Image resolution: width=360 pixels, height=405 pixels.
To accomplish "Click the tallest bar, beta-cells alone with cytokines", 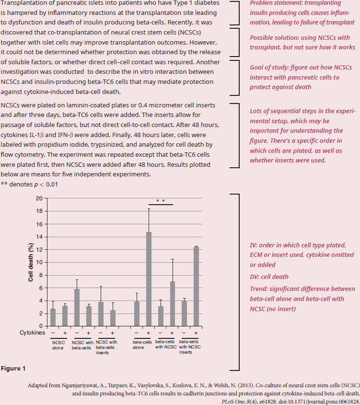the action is click(x=149, y=279).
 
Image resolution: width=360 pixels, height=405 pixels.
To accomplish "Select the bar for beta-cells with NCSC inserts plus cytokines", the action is click(x=196, y=287).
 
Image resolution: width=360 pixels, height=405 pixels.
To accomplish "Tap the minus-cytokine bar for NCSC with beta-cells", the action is click(x=77, y=308).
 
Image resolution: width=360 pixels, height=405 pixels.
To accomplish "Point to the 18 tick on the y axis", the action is click(x=39, y=211).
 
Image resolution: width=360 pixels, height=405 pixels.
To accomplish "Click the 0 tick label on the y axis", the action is click(x=41, y=326).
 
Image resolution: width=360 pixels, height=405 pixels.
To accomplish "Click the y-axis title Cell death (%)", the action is click(x=31, y=262).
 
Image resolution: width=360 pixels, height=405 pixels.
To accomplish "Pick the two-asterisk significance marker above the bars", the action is click(x=161, y=201).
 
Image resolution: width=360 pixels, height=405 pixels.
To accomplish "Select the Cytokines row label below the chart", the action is click(x=32, y=333).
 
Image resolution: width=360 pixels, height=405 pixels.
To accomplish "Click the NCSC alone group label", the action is click(x=58, y=346).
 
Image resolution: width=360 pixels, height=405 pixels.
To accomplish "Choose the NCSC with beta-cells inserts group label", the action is click(x=106, y=347).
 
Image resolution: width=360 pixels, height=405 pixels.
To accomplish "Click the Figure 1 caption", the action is click(x=13, y=368).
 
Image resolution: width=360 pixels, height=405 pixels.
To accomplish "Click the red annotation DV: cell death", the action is click(x=269, y=277).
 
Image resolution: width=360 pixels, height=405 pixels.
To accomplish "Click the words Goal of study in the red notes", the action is click(x=269, y=68).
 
